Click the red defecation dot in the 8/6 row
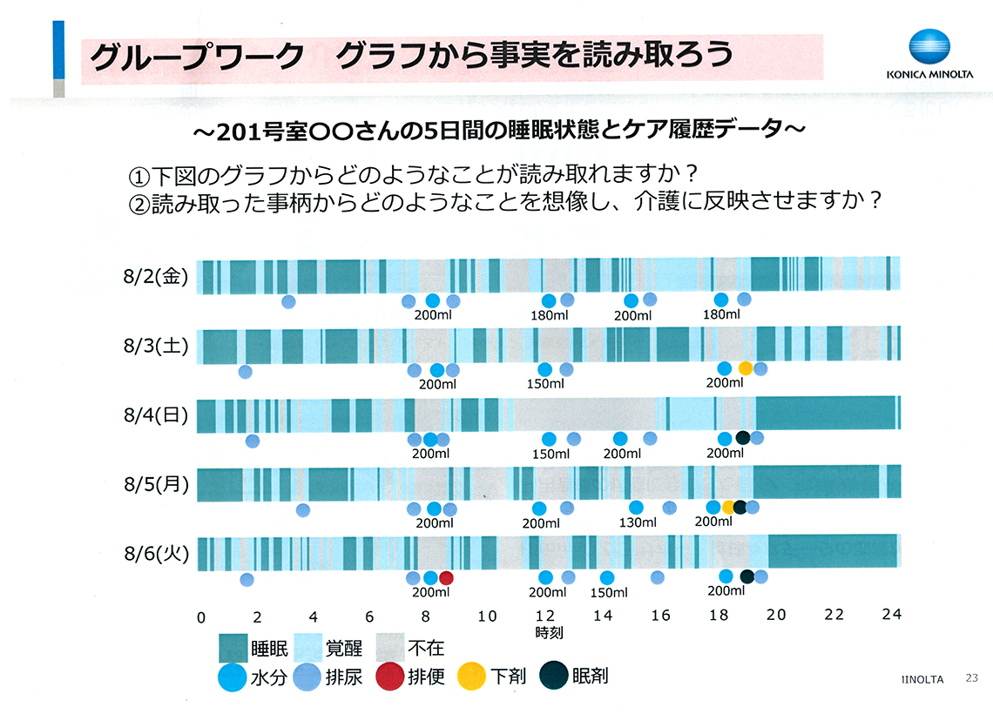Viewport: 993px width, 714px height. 447,577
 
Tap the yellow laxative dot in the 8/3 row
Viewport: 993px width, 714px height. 746,368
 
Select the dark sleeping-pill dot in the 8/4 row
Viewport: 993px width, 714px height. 743,438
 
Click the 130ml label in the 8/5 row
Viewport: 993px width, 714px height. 638,522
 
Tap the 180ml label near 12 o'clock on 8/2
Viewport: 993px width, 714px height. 549,315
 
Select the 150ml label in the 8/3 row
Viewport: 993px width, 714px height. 545,384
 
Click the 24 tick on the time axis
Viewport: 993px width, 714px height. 891,615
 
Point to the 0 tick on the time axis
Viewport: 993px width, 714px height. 201,616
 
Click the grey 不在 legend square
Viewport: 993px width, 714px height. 390,648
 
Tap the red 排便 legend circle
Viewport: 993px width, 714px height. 389,677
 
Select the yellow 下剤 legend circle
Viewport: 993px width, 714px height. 472,677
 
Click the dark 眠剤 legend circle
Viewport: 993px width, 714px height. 554,676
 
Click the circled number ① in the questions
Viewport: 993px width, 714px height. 140,173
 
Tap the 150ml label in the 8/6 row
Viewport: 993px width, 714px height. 609,593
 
